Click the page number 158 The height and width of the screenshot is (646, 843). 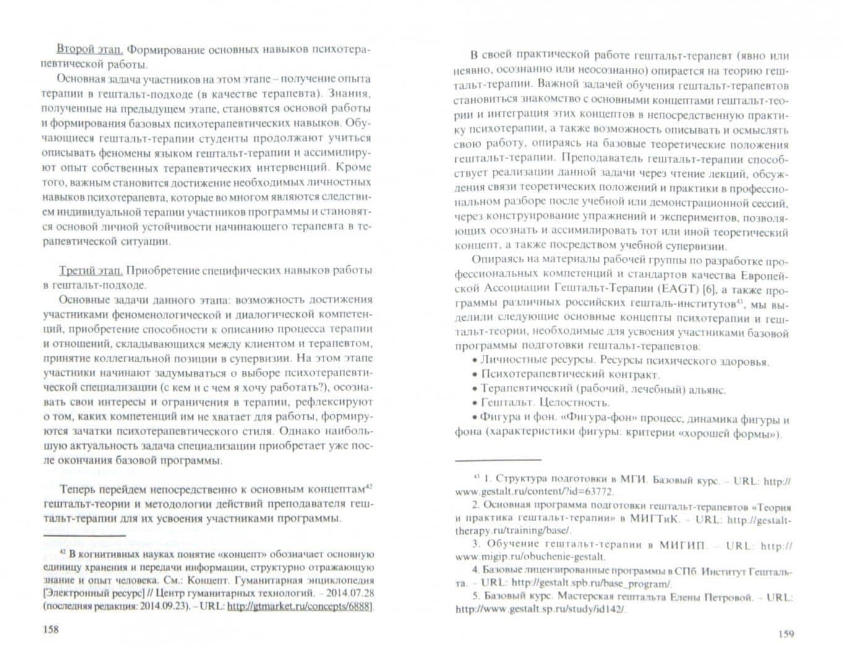[50, 629]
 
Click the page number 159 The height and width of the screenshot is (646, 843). [785, 633]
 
